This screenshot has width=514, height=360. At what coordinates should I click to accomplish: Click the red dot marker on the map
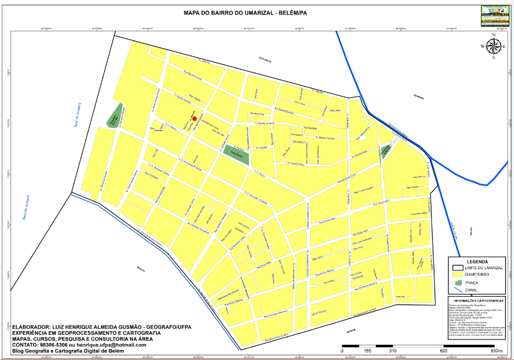194,118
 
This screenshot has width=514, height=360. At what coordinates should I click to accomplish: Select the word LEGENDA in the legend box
477,262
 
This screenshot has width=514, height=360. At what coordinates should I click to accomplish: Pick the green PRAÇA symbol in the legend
458,283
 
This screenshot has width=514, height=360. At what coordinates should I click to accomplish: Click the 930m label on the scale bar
496,351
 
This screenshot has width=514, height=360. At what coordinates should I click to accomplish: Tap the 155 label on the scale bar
367,351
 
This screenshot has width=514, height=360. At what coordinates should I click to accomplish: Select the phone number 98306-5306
57,344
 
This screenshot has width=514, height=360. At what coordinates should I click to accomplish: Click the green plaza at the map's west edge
115,116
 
